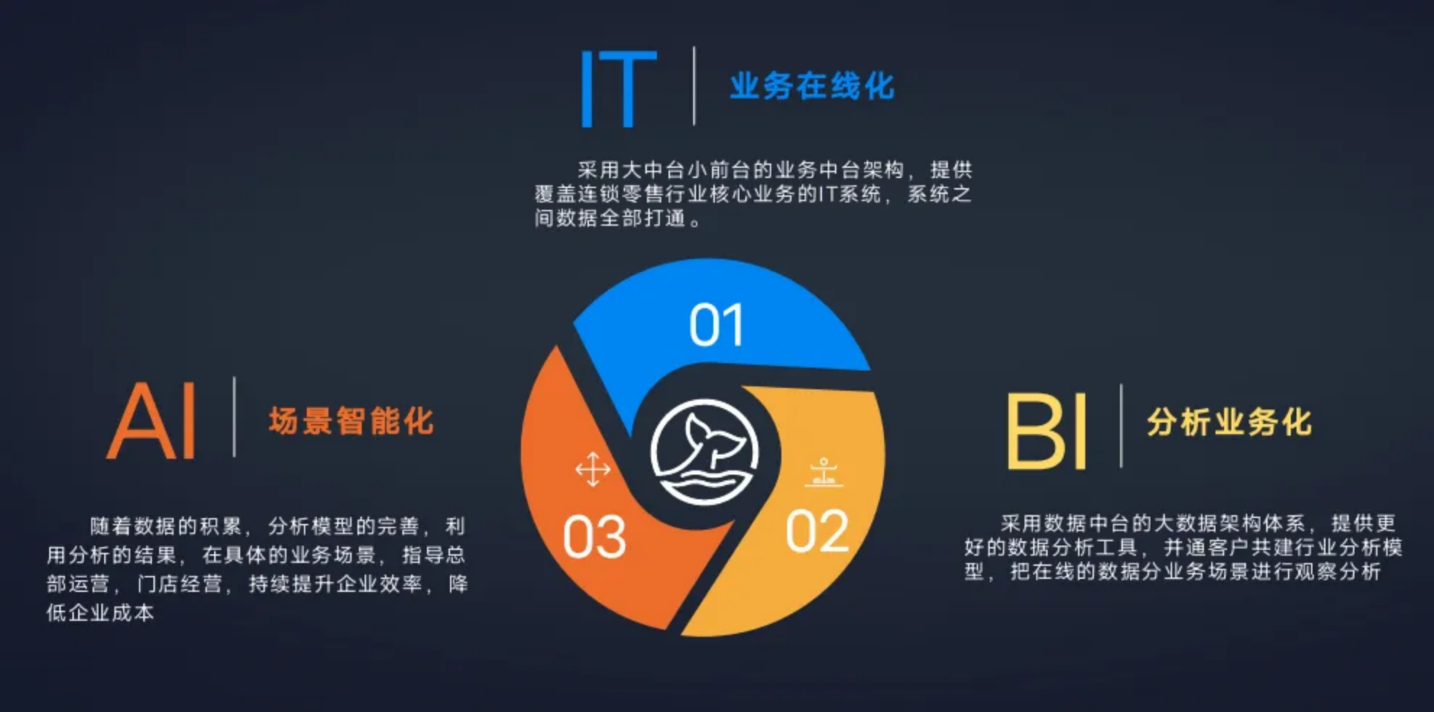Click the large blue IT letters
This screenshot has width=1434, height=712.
point(619,89)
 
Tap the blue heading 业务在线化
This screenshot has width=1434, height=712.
point(812,86)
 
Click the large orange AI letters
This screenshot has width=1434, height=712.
point(153,421)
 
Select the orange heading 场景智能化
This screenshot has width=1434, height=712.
point(351,421)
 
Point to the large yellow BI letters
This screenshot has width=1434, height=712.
point(1047,431)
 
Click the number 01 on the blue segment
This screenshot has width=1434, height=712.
point(716,325)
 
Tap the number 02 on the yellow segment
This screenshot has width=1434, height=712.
point(817,532)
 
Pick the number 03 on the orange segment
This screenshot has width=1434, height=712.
point(595,538)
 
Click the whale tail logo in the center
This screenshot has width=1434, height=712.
point(705,452)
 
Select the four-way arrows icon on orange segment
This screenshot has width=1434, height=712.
point(593,470)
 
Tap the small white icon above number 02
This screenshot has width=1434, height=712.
point(823,472)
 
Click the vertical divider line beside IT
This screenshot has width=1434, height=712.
point(694,86)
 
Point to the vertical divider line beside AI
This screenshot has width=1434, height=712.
point(234,417)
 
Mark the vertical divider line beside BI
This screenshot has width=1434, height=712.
point(1121,425)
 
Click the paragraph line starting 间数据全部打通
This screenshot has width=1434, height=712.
point(618,218)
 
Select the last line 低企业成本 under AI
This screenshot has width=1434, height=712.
point(101,613)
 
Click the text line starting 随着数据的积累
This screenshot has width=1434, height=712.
point(278,526)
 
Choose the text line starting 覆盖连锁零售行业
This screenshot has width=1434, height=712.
point(753,194)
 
